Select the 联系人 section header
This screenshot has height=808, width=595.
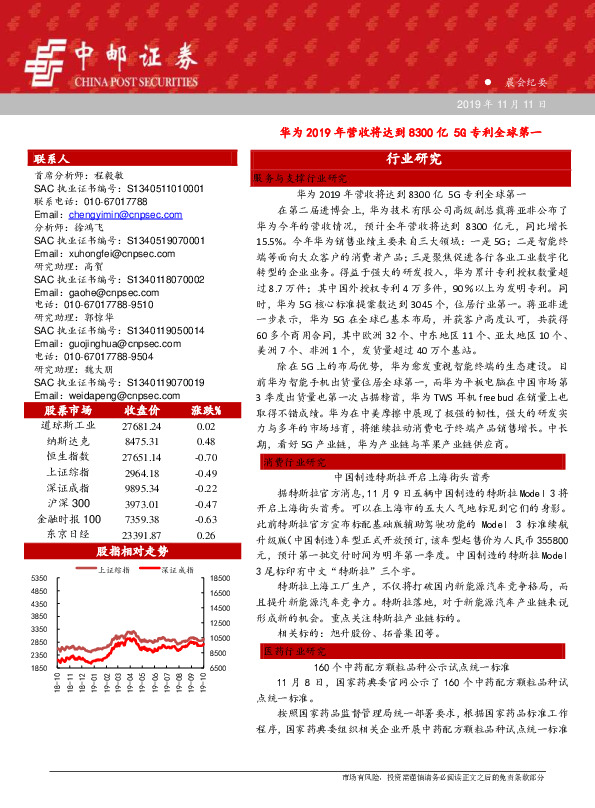[x=51, y=159]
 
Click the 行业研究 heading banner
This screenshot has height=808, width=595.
[x=413, y=159]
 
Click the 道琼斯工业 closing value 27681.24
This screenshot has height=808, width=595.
[x=139, y=426]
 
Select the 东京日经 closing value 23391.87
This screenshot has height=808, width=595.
[x=139, y=535]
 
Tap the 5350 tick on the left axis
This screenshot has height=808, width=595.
[x=40, y=579]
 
